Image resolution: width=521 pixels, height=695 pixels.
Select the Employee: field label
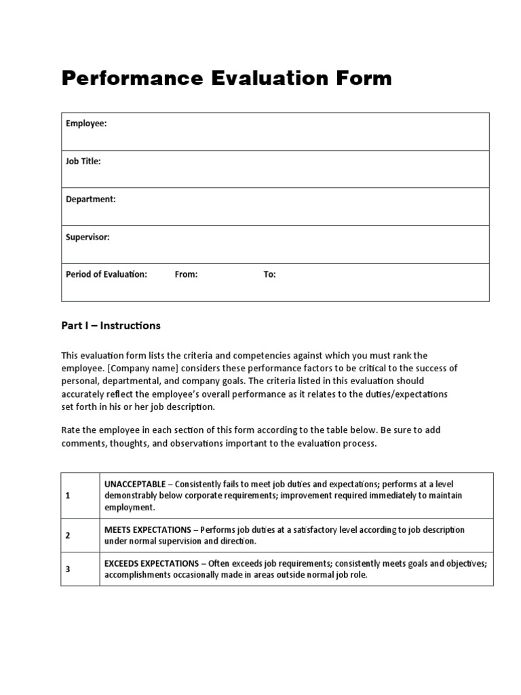click(x=86, y=124)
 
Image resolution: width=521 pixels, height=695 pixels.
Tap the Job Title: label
click(x=83, y=162)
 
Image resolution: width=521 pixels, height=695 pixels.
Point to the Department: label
click(x=91, y=200)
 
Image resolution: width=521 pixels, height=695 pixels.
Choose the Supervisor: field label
click(x=88, y=238)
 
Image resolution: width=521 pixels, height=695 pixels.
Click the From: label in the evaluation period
click(x=186, y=275)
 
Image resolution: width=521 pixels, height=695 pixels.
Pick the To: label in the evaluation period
click(x=269, y=275)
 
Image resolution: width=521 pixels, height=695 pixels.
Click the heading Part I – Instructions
click(x=111, y=326)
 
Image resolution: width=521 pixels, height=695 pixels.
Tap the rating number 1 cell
click(x=68, y=495)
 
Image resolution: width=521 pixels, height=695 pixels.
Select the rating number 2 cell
click(x=68, y=536)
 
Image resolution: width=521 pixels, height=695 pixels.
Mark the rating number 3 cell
click(x=68, y=569)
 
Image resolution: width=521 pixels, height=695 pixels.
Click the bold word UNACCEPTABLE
click(x=134, y=485)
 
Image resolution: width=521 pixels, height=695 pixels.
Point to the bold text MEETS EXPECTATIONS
click(x=147, y=530)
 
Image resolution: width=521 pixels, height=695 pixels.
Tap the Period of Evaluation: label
click(x=107, y=275)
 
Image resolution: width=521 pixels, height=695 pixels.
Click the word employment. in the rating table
click(x=130, y=507)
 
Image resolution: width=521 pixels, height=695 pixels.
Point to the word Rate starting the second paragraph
click(x=71, y=431)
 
